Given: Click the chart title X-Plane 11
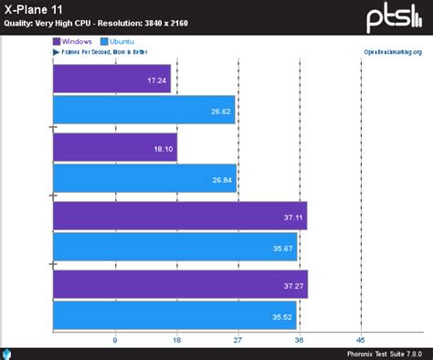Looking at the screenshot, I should [36, 9].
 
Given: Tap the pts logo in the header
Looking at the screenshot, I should [395, 17].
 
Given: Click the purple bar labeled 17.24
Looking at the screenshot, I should [112, 80].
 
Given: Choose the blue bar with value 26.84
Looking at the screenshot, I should [145, 180].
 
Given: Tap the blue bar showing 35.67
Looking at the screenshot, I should [175, 247].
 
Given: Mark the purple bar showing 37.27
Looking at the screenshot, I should [181, 284].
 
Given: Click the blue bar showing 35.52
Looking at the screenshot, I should [175, 316].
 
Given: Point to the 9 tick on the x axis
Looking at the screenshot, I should [115, 340].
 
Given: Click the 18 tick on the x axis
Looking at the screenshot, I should [176, 340].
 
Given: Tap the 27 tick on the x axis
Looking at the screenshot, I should [238, 340].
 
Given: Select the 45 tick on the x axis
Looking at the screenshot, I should [361, 340].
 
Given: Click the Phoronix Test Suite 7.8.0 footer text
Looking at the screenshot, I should [384, 354].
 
